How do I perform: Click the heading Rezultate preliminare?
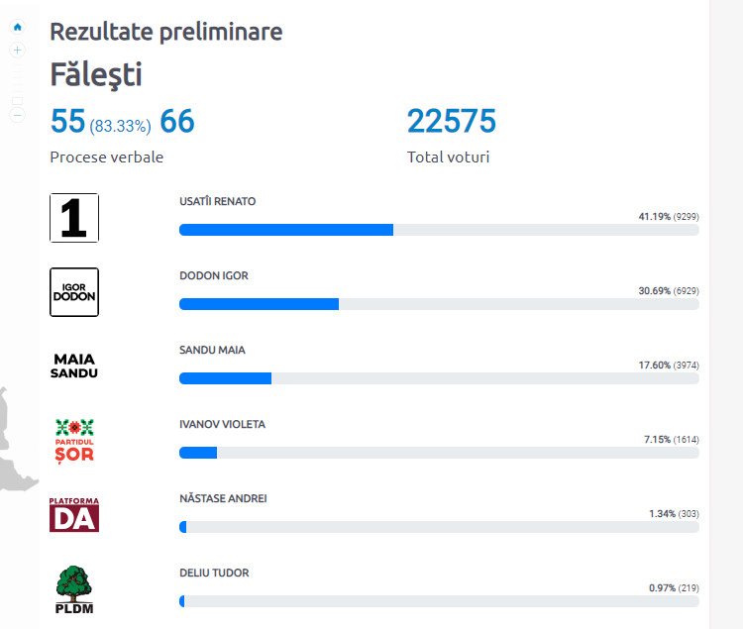click(165, 32)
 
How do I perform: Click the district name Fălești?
click(96, 74)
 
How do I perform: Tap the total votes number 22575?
click(451, 122)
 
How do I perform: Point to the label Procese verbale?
click(106, 157)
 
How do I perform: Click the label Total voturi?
click(448, 157)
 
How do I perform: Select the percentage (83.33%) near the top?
click(120, 126)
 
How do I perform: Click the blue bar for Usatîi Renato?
click(285, 230)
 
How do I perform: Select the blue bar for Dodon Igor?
click(259, 304)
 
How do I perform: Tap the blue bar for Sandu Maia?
click(225, 378)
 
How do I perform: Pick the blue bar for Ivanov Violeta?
click(198, 453)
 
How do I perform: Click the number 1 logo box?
click(74, 218)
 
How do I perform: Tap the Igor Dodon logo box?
click(74, 291)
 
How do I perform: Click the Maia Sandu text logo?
click(74, 366)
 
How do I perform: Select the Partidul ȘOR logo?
click(74, 440)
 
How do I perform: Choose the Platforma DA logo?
click(74, 514)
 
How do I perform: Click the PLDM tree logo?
click(74, 588)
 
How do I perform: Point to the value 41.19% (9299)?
click(668, 216)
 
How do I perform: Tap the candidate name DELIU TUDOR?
click(214, 573)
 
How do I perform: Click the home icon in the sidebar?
click(17, 27)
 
